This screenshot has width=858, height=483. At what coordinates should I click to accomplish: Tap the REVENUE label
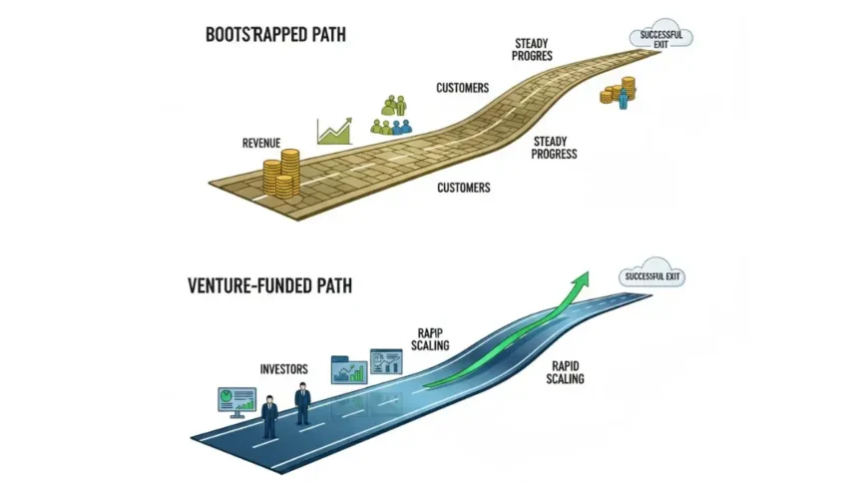262,143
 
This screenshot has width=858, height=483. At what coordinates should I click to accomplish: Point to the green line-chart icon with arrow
333,131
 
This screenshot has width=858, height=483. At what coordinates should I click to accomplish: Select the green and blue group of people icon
392,116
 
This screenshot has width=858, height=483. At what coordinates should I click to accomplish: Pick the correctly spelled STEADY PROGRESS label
555,148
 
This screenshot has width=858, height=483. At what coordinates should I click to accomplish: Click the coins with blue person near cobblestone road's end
618,96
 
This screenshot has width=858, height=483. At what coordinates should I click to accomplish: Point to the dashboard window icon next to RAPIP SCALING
385,360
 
